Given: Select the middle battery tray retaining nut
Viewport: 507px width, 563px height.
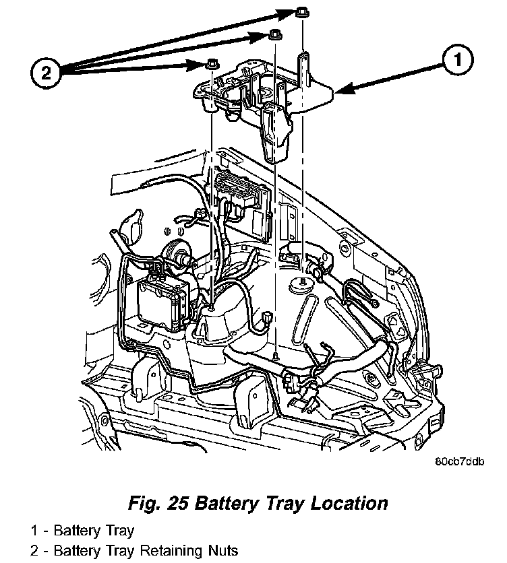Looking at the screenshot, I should [x=274, y=35].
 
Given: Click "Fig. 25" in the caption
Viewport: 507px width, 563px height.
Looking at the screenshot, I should [x=154, y=503].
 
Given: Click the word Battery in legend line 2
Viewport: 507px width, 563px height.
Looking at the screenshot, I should [x=77, y=550].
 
